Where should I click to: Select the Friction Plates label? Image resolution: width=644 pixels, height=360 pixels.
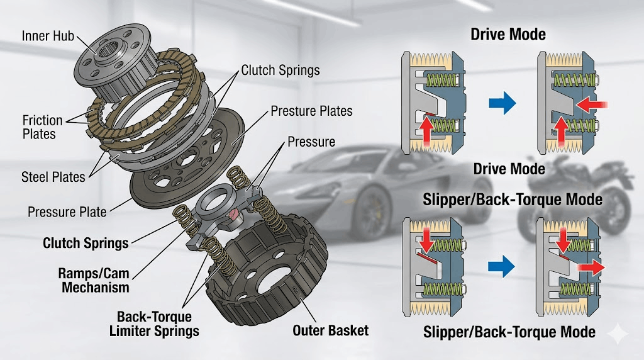[x=42, y=127]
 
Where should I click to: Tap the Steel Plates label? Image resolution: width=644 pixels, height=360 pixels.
[x=53, y=177]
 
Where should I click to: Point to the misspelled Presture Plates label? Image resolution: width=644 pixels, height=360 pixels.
[x=311, y=111]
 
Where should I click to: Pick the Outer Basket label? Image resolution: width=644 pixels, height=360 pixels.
[x=330, y=330]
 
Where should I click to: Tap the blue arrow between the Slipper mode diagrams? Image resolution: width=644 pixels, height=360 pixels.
[x=501, y=267]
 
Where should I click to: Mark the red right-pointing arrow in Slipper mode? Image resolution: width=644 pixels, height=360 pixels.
[x=591, y=268]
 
